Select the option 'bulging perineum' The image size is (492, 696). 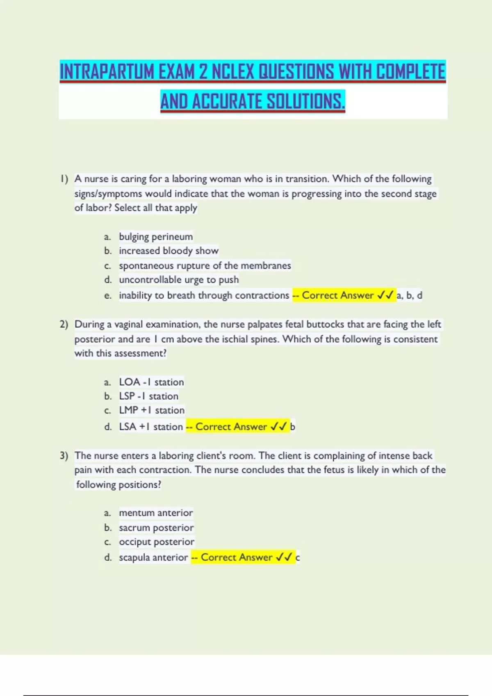[156, 237]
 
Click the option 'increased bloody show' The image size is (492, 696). [169, 251]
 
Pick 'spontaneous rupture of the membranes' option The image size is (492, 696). [205, 266]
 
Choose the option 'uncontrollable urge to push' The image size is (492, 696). [179, 280]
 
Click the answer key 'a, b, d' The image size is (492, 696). [409, 295]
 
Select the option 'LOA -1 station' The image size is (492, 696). [151, 382]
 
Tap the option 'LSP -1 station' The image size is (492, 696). [148, 396]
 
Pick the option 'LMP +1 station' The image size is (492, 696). [152, 410]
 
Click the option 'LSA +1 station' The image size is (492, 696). [151, 427]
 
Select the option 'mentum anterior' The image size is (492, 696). [156, 513]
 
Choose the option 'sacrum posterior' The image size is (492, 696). [156, 528]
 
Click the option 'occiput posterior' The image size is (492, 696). [157, 542]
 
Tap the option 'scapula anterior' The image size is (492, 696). [153, 557]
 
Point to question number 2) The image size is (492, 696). [64, 324]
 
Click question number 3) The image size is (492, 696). [64, 456]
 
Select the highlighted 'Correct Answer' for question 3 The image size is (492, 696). [237, 557]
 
